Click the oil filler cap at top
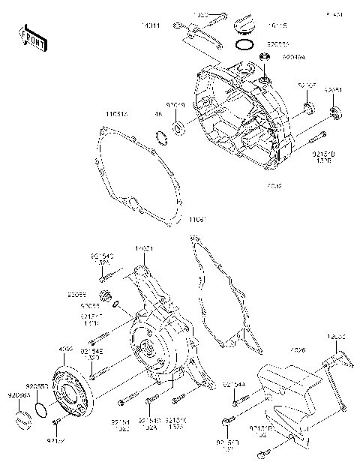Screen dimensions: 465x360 (x=244, y=26)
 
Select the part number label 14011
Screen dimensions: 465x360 (x=149, y=25)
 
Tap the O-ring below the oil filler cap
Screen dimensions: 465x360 (x=243, y=45)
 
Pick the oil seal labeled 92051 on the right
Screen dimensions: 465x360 (x=336, y=113)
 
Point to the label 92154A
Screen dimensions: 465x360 (x=233, y=384)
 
